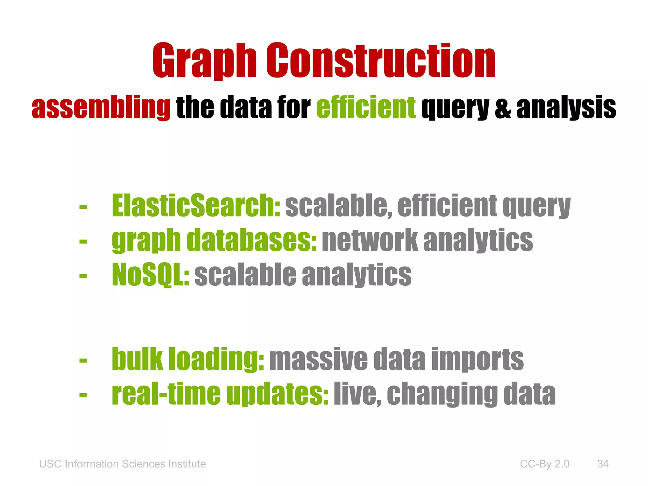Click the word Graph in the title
tap(204, 61)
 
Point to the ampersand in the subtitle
tap(503, 108)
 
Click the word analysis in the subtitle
tap(566, 108)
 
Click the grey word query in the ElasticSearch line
tap(537, 206)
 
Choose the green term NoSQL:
tap(151, 274)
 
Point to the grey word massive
tap(318, 359)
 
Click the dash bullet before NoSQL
tap(83, 276)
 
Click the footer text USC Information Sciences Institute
tap(122, 464)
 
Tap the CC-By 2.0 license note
tap(545, 464)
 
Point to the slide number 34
tap(603, 464)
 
